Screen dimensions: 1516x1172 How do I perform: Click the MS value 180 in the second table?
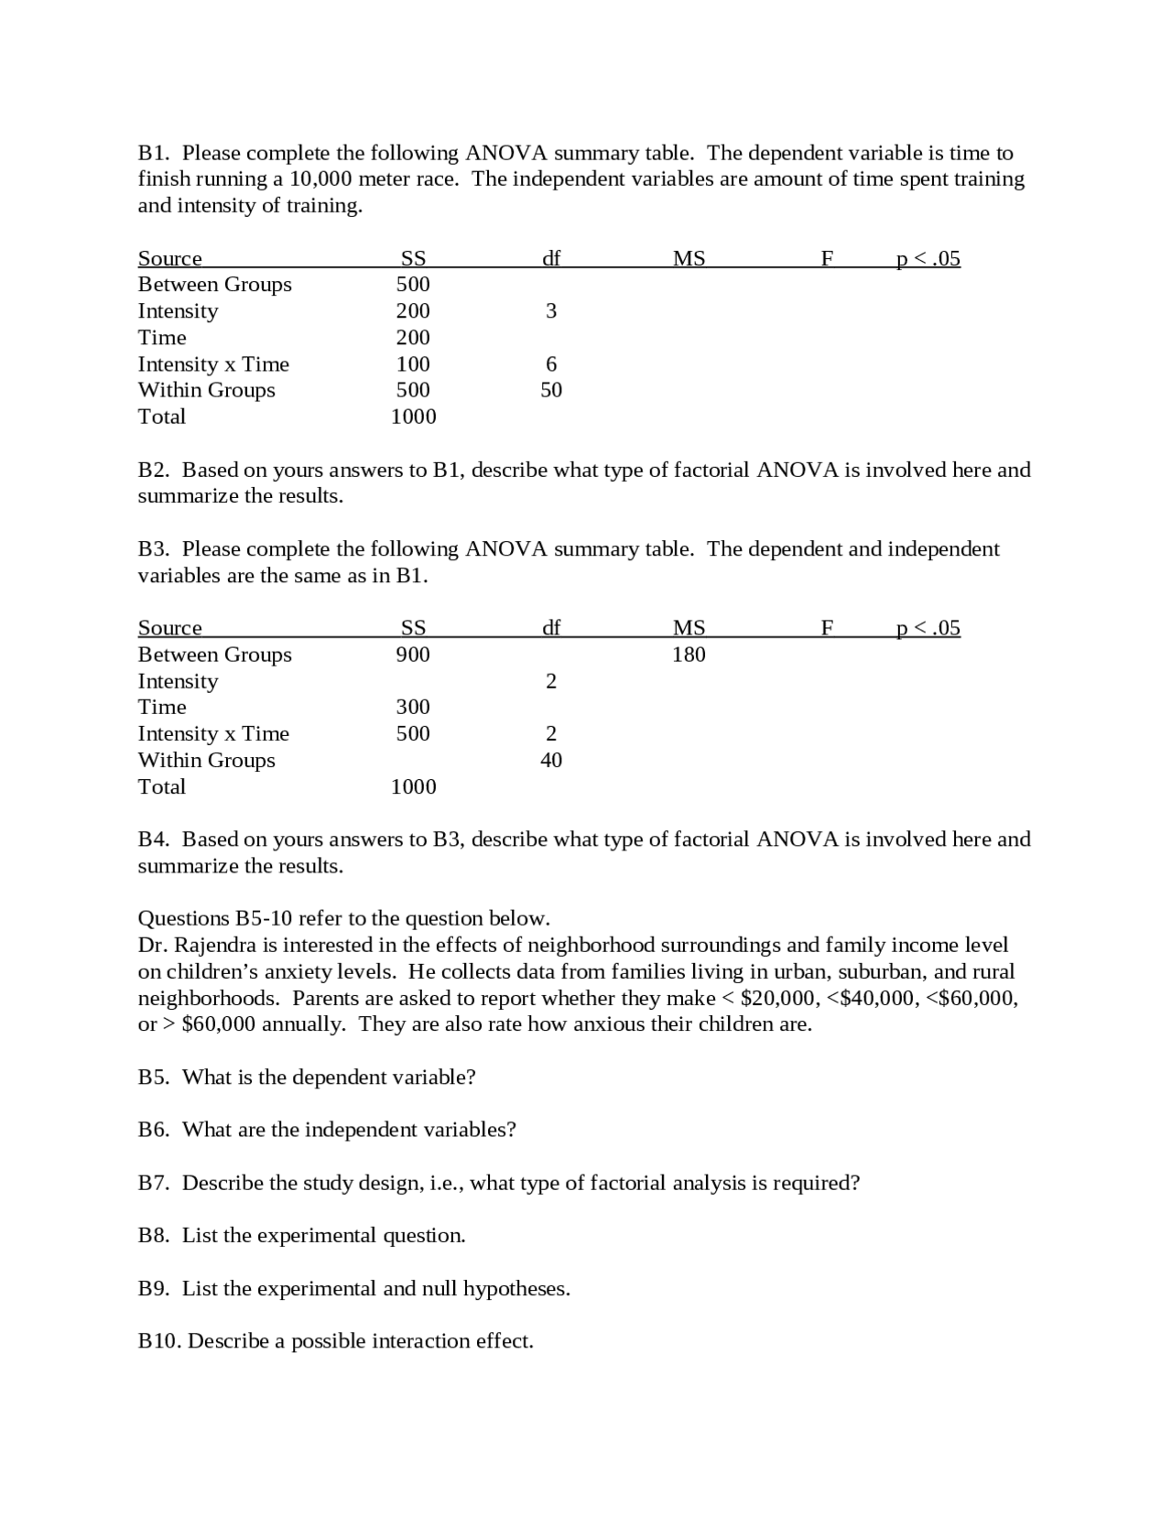click(x=689, y=655)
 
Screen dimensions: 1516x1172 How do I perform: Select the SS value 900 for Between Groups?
click(x=413, y=655)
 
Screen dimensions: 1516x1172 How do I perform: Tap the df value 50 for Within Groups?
click(x=551, y=390)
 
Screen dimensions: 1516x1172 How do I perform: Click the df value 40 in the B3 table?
click(x=551, y=760)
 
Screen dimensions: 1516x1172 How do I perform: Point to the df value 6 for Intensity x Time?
click(x=551, y=364)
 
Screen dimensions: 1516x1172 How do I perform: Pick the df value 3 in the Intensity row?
click(x=551, y=311)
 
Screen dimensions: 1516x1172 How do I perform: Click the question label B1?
click(x=154, y=153)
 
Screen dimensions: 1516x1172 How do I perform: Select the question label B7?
click(x=154, y=1183)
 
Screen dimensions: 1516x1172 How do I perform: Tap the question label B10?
click(x=159, y=1341)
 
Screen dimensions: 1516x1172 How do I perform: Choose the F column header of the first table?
click(x=827, y=259)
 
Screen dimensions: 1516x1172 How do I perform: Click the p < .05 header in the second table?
click(x=928, y=628)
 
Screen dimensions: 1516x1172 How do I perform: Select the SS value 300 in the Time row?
click(x=413, y=707)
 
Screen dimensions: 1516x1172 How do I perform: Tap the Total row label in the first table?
click(x=161, y=417)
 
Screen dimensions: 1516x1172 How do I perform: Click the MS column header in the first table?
click(x=689, y=259)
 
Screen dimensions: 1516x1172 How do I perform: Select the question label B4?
click(x=154, y=839)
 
